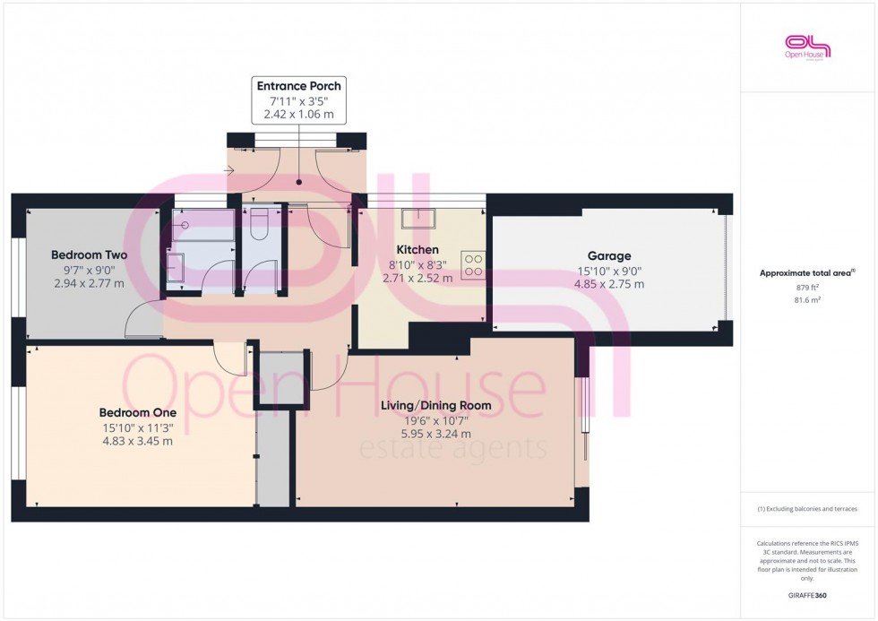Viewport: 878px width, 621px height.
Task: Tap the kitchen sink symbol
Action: tap(417, 218)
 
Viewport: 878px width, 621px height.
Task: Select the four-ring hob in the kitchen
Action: tap(473, 264)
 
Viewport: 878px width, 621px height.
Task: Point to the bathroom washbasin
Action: tap(175, 267)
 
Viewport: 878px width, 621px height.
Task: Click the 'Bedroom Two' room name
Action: tap(89, 254)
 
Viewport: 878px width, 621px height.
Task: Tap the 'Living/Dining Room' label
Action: tap(436, 405)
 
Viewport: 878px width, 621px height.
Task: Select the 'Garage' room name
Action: tap(609, 255)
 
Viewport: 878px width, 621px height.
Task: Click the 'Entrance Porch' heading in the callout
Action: tap(299, 86)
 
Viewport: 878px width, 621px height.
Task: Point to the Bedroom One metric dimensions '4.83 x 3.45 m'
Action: tap(136, 441)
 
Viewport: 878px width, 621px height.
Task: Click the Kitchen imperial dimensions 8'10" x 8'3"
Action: tap(417, 264)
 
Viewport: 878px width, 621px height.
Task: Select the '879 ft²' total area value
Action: tap(808, 288)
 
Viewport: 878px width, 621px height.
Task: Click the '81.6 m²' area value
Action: tap(808, 300)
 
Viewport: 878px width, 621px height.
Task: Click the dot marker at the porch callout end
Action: tap(299, 181)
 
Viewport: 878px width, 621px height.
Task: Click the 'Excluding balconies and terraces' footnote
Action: tap(808, 509)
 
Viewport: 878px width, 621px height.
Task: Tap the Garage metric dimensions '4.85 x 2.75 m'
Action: tap(609, 284)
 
